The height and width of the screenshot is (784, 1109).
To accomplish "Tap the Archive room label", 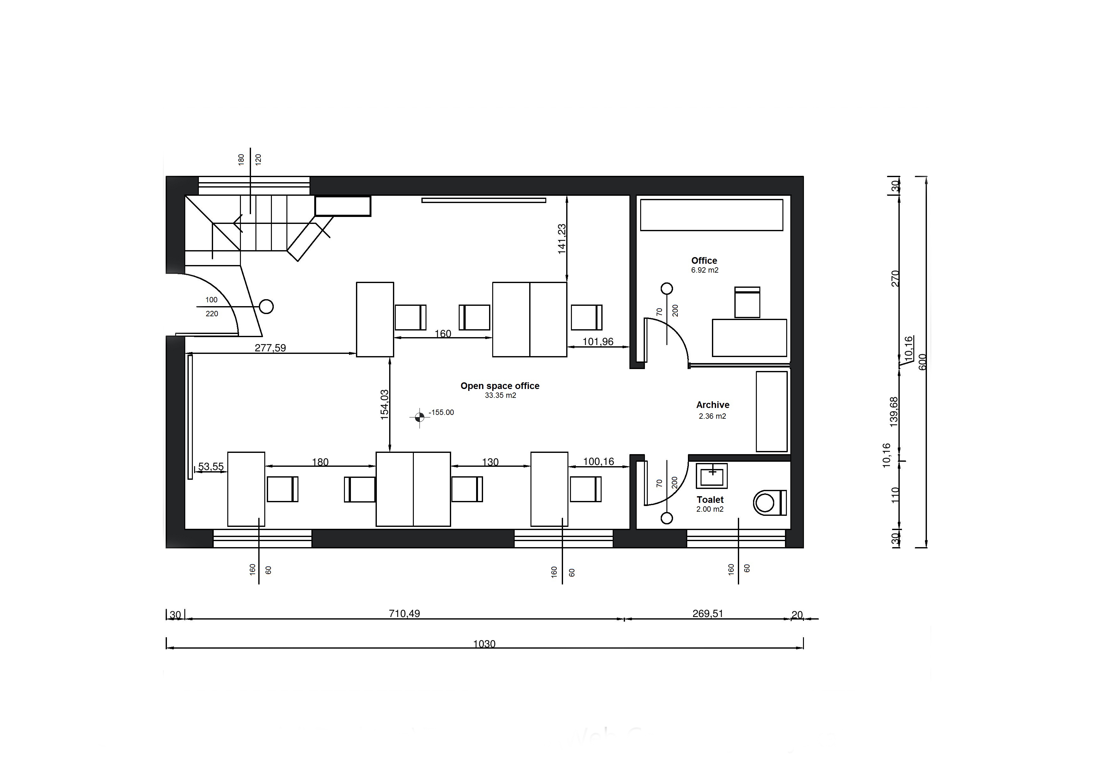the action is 713,405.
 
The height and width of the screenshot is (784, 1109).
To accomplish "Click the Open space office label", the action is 500,386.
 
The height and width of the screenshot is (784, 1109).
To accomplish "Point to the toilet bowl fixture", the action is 770,503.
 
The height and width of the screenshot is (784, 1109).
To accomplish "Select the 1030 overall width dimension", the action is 484,644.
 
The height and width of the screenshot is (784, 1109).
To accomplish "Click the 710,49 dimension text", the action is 404,614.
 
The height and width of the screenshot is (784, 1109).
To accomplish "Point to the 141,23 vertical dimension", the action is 562,239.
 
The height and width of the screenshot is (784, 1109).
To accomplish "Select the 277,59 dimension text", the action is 271,348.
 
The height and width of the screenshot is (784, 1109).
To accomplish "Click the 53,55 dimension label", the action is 211,466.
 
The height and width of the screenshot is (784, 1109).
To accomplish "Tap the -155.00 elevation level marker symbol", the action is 419,417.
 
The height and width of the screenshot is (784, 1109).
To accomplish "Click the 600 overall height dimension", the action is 922,362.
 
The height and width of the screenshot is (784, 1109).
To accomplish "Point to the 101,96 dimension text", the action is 598,342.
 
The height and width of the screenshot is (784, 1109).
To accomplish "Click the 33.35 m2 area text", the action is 500,395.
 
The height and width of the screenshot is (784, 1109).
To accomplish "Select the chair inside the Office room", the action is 747,302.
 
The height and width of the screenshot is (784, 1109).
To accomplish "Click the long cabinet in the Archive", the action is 772,411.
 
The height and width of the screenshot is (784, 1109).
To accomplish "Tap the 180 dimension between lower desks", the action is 320,462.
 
